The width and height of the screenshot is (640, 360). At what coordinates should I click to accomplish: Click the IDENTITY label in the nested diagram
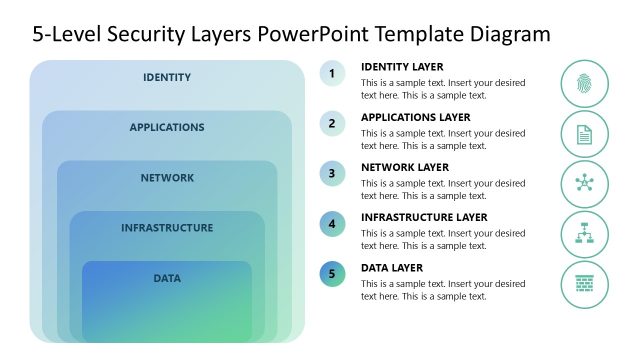click(x=167, y=77)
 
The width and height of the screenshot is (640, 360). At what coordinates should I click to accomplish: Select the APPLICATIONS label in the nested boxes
click(x=167, y=127)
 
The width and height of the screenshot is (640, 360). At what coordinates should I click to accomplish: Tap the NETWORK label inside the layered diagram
click(x=167, y=178)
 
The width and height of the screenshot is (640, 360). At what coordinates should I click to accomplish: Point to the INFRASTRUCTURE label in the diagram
click(x=167, y=228)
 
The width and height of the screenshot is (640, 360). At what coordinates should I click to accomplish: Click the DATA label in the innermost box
click(x=167, y=278)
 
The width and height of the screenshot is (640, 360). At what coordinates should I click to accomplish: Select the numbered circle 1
click(x=332, y=73)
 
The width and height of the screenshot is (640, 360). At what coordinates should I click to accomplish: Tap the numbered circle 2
click(x=332, y=123)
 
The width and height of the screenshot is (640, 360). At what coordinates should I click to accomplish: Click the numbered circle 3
click(x=332, y=173)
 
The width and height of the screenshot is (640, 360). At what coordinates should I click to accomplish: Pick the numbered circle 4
click(x=332, y=224)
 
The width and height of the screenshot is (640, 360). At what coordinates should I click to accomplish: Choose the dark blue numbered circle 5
click(x=332, y=274)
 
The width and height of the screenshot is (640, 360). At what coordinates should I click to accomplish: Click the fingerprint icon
click(x=584, y=83)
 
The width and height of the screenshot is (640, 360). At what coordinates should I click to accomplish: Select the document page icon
click(x=584, y=134)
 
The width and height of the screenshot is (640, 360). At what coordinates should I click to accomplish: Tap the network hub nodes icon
click(x=584, y=184)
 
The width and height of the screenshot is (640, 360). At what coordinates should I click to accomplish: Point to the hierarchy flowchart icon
click(x=584, y=234)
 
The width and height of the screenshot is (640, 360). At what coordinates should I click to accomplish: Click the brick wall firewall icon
click(x=584, y=285)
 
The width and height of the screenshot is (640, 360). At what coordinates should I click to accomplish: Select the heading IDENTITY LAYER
click(x=402, y=67)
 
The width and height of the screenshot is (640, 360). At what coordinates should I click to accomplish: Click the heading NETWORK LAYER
click(x=405, y=167)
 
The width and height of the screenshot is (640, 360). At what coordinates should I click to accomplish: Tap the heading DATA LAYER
click(x=392, y=268)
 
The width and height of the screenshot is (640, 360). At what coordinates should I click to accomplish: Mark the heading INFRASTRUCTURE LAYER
click(x=424, y=217)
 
